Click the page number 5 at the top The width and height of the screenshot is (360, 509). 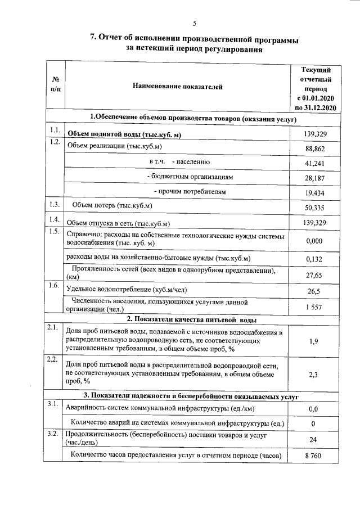(x=194, y=23)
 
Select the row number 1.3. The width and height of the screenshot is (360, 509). (x=55, y=204)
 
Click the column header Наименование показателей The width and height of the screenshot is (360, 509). (x=178, y=87)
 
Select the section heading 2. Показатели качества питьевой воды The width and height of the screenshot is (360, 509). (x=191, y=319)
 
